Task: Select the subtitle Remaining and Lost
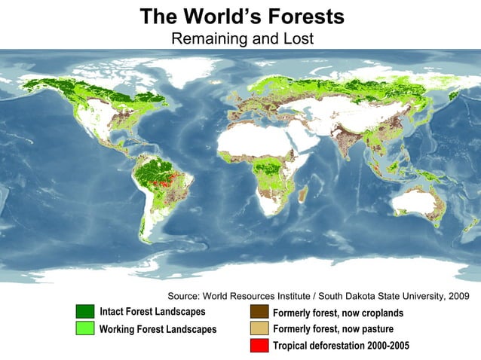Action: coord(242,38)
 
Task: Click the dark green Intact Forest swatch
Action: coord(85,312)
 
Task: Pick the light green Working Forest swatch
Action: coord(85,328)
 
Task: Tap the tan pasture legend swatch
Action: coord(259,329)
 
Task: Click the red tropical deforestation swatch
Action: coord(259,346)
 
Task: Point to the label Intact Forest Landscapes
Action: coord(152,312)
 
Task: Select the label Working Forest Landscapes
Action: coord(158,329)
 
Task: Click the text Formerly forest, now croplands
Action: coord(338,313)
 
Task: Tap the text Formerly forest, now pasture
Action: coord(332,329)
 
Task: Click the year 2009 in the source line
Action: coord(457,296)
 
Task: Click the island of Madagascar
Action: coord(303,195)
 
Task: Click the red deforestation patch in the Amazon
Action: coord(160,182)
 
